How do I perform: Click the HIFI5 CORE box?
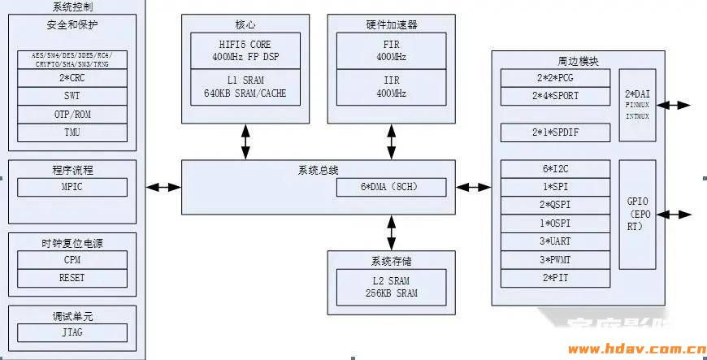245,50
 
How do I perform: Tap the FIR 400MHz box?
391,50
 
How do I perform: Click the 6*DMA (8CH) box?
392,188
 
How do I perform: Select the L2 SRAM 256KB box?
391,287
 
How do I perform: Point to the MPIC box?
72,187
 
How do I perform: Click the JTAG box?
72,332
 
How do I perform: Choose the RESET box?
72,278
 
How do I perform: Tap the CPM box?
72,260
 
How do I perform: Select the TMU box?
72,132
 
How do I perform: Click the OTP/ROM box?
72,115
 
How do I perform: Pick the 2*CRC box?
72,78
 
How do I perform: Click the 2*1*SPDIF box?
555,132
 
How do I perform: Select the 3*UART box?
555,241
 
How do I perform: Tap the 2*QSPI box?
555,205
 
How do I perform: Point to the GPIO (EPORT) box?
637,215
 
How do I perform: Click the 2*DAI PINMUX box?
637,105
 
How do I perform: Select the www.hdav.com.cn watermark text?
636,350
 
